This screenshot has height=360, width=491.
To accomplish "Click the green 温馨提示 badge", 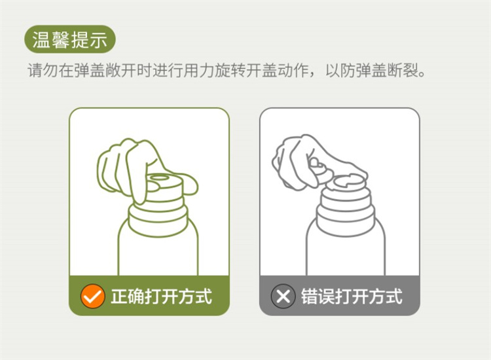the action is click(x=70, y=39).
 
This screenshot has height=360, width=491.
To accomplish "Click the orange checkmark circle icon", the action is click(x=93, y=296).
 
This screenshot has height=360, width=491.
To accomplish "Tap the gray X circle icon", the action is click(x=283, y=296).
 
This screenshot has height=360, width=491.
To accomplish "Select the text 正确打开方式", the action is click(x=161, y=296).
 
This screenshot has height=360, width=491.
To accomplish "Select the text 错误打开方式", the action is click(x=352, y=296).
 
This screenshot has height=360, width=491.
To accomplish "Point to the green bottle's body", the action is click(x=158, y=251).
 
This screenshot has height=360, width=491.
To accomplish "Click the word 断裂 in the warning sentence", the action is click(x=403, y=71).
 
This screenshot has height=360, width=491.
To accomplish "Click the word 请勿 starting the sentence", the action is click(x=43, y=71).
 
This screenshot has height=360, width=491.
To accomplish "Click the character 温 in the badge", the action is click(x=41, y=40).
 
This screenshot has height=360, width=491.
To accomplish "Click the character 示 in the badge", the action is click(x=98, y=40).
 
